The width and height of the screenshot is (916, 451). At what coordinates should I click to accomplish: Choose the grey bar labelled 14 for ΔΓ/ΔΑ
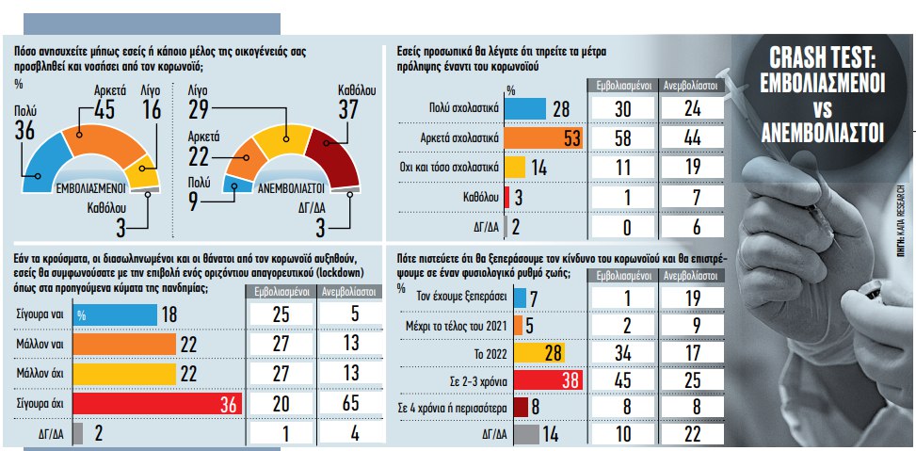point(525,434)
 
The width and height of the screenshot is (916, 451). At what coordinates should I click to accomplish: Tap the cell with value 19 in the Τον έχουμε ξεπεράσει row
point(690,298)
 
